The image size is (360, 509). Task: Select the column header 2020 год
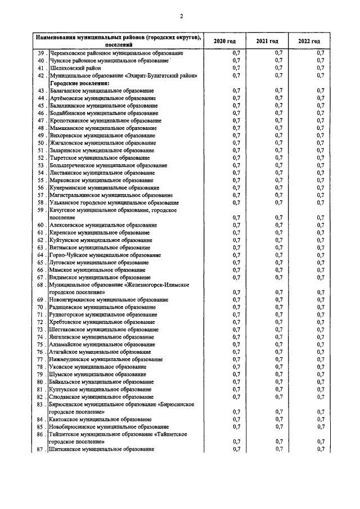point(225,42)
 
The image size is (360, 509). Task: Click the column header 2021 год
point(267,42)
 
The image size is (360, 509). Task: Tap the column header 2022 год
point(309,42)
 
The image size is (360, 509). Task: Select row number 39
point(40,53)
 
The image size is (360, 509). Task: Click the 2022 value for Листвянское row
point(320,173)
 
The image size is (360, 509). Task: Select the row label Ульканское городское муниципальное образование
point(112,202)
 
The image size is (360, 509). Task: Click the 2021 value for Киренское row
point(278,232)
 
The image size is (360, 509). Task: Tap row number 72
point(40,322)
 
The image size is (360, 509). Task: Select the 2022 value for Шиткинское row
point(320,449)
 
